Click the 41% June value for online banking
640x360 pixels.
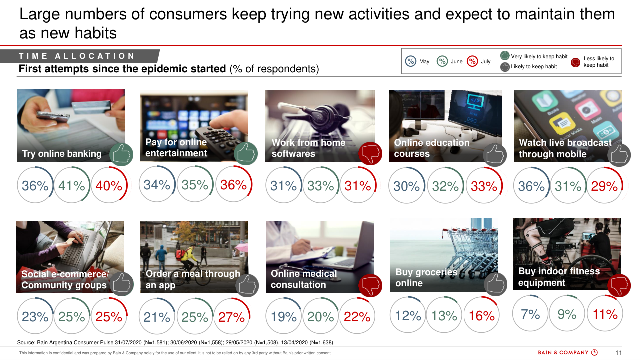pos(72,186)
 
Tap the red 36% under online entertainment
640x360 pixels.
pos(233,185)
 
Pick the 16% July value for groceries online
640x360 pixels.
pos(482,316)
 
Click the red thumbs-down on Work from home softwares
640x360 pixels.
pos(370,153)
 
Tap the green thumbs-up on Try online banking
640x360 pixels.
pos(121,154)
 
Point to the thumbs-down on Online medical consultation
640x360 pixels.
pos(370,286)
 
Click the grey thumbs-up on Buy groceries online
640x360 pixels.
pos(495,284)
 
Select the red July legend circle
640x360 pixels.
pos(472,61)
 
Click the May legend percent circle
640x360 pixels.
pos(411,61)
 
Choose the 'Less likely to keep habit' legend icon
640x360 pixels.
pos(575,62)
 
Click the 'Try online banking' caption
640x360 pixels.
pos(62,154)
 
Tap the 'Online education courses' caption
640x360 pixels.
pos(432,148)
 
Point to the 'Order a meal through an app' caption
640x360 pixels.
pos(193,279)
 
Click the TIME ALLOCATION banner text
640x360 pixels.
pos(77,56)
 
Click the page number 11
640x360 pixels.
pos(618,353)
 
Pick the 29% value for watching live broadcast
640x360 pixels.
pos(605,186)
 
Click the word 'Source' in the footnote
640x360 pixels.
pos(26,342)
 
